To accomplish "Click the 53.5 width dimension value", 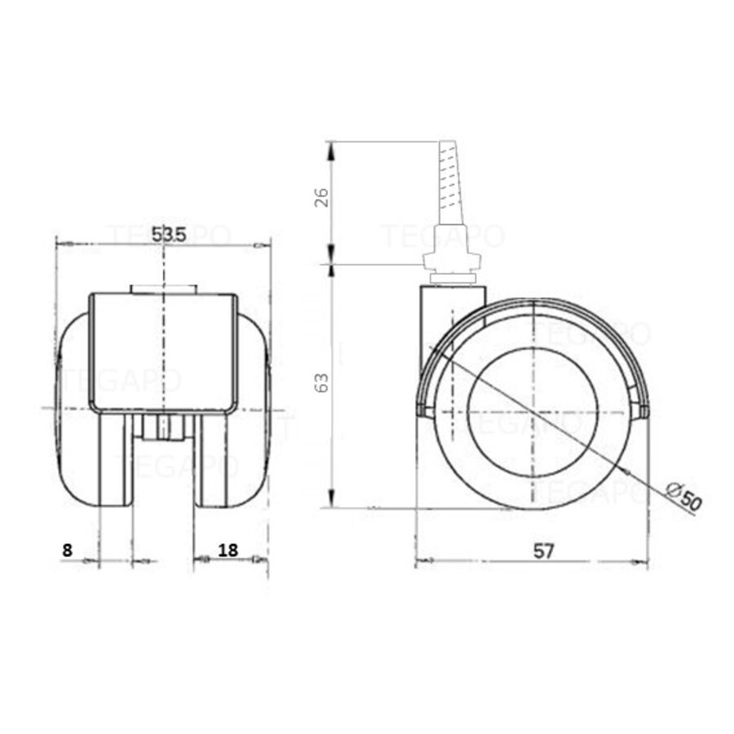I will [170, 234].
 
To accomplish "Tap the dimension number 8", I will [67, 550].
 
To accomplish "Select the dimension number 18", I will [228, 550].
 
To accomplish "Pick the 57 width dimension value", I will [544, 550].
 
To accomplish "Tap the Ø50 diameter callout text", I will [683, 497].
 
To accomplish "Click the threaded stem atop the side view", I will [449, 183].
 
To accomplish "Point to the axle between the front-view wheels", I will [163, 427].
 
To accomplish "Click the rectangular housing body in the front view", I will [163, 351].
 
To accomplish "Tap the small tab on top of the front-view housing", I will [163, 289].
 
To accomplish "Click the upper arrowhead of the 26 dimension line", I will [331, 148].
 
